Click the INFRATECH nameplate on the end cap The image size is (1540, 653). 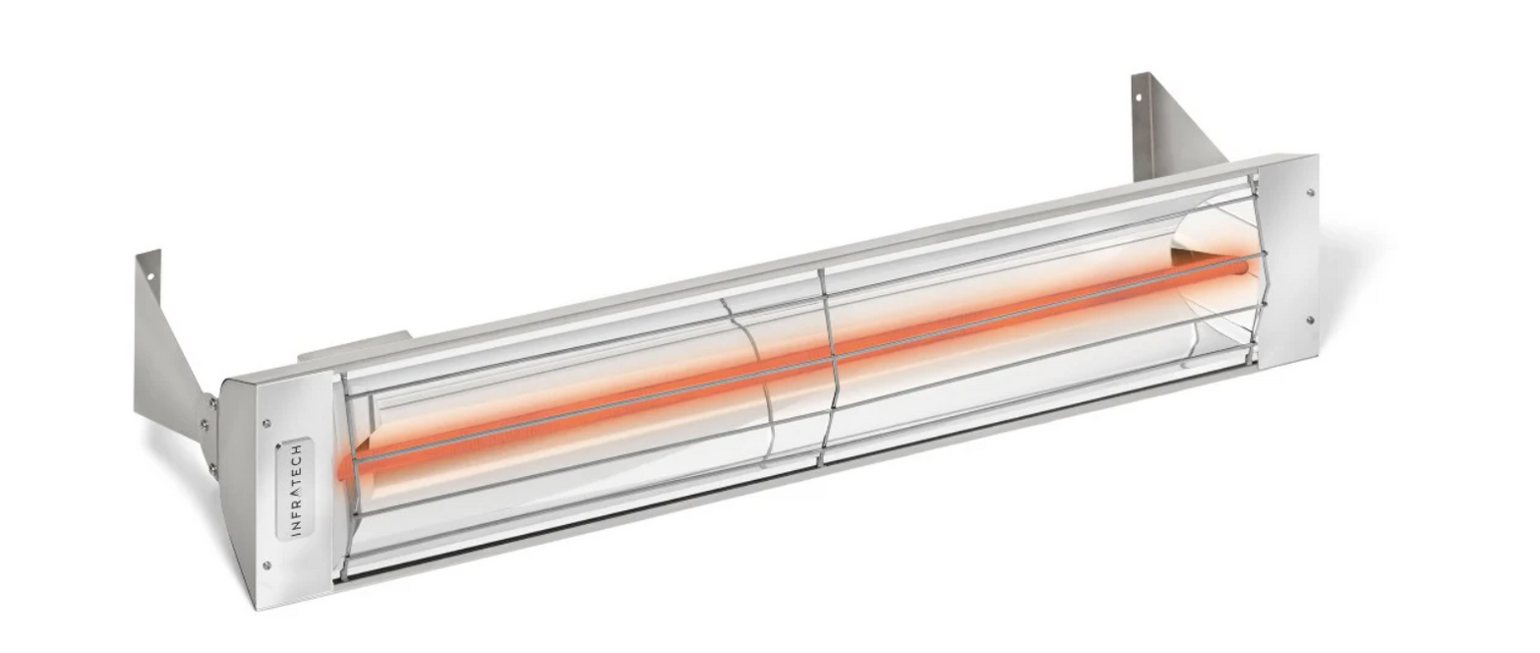coord(295,489)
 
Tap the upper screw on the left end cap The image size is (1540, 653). coord(267,424)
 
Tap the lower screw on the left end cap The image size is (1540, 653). coord(267,564)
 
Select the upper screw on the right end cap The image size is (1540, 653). coord(1308,193)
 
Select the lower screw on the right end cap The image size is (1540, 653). coord(1309,319)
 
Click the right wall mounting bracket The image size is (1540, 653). coord(1170,128)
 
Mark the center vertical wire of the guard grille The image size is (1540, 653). coord(828,364)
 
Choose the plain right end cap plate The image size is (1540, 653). coord(1288,261)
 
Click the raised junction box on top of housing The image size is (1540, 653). coord(354,344)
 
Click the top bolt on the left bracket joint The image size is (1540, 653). coord(210,400)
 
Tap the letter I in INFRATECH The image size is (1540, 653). coord(296,531)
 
